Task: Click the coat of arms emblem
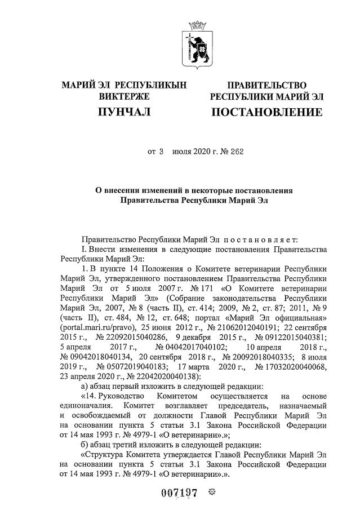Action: pos(198,45)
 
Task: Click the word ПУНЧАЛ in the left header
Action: pos(125,113)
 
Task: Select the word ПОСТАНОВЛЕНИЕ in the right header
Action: pos(266,113)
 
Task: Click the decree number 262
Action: pos(237,151)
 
